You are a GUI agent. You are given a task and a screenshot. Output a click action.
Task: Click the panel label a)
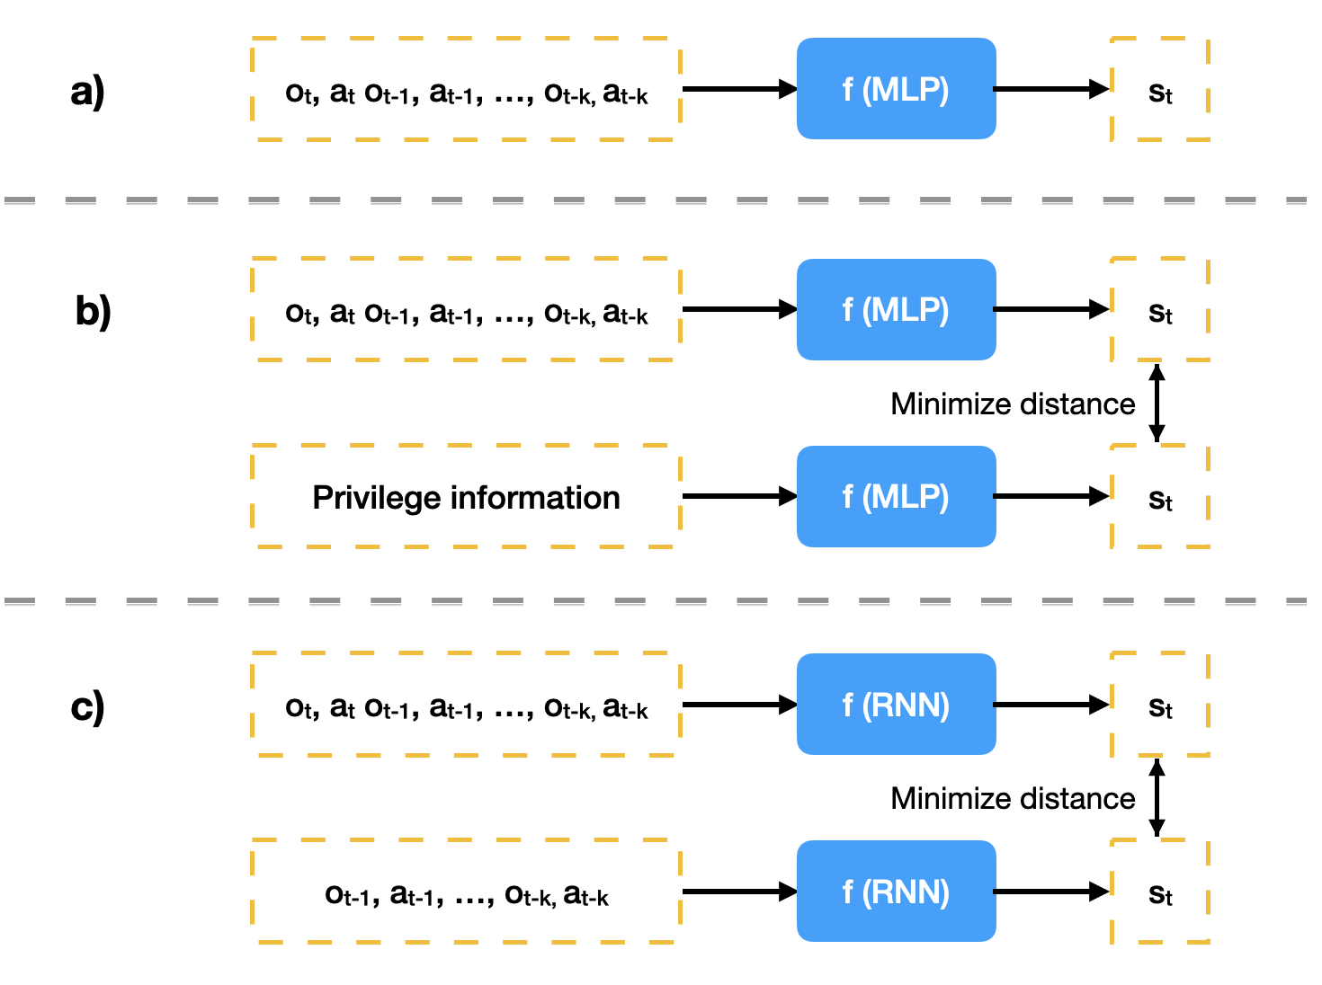pos(87,91)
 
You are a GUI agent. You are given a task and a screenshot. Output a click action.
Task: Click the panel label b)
pos(93,311)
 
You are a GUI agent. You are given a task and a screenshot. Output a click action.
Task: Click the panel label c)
pos(87,707)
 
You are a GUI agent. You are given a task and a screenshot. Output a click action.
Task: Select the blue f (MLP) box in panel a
pos(896,89)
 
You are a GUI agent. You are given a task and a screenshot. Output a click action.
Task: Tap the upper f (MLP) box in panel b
pos(896,310)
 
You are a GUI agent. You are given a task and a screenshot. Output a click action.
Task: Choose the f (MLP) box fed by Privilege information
pos(896,496)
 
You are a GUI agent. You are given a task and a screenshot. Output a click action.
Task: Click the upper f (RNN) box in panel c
pos(896,705)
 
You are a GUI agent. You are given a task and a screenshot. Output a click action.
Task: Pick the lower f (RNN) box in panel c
pos(896,892)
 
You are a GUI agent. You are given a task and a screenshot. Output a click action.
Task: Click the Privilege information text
pos(466,497)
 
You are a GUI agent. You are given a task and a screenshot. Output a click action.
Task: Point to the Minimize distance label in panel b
pos(1013,404)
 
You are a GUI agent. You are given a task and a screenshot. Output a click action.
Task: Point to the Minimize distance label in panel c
pos(1013,798)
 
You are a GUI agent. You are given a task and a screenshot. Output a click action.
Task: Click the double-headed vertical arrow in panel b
pos(1157,403)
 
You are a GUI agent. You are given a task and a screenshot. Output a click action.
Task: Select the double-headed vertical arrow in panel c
pos(1157,797)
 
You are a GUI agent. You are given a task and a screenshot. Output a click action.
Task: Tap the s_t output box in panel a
pos(1160,91)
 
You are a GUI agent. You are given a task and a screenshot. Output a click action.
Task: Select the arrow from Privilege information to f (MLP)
pos(739,496)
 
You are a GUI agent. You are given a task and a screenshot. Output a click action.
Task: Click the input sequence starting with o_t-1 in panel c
pos(466,894)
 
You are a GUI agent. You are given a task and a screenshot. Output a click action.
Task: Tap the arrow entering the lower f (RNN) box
pos(739,892)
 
